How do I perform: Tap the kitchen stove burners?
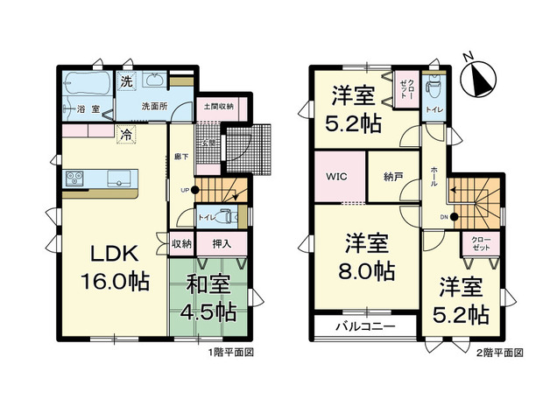click(73, 179)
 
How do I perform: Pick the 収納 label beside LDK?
click(180, 244)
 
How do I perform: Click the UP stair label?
click(185, 190)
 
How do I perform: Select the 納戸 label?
click(392, 176)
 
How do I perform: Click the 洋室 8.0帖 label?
click(367, 257)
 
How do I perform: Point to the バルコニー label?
click(363, 327)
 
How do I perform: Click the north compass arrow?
click(479, 80)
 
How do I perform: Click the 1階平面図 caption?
click(230, 353)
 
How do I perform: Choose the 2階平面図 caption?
click(500, 353)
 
